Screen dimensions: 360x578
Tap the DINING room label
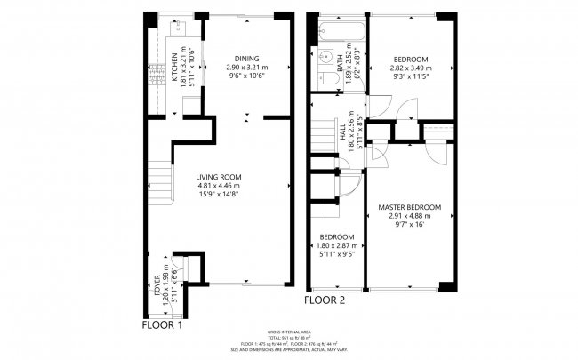click(246, 58)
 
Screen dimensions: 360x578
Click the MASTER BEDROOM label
click(409, 207)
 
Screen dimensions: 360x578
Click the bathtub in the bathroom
click(337, 34)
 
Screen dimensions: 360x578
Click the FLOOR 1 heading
click(163, 324)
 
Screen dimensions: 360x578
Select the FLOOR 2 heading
click(325, 300)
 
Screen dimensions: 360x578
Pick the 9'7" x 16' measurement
click(409, 224)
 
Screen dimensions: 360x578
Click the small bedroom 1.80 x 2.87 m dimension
click(338, 245)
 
